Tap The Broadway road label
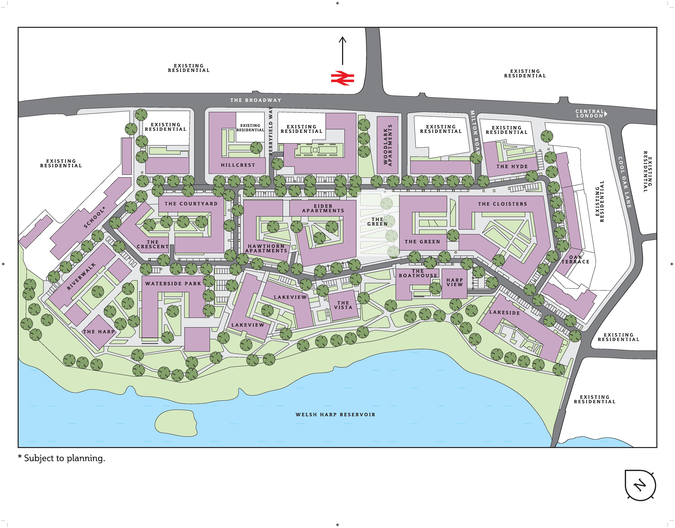point(256,100)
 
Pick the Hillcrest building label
point(238,165)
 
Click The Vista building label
point(343,305)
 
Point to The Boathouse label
point(418,273)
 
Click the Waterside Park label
point(173,283)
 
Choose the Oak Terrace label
point(575,259)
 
